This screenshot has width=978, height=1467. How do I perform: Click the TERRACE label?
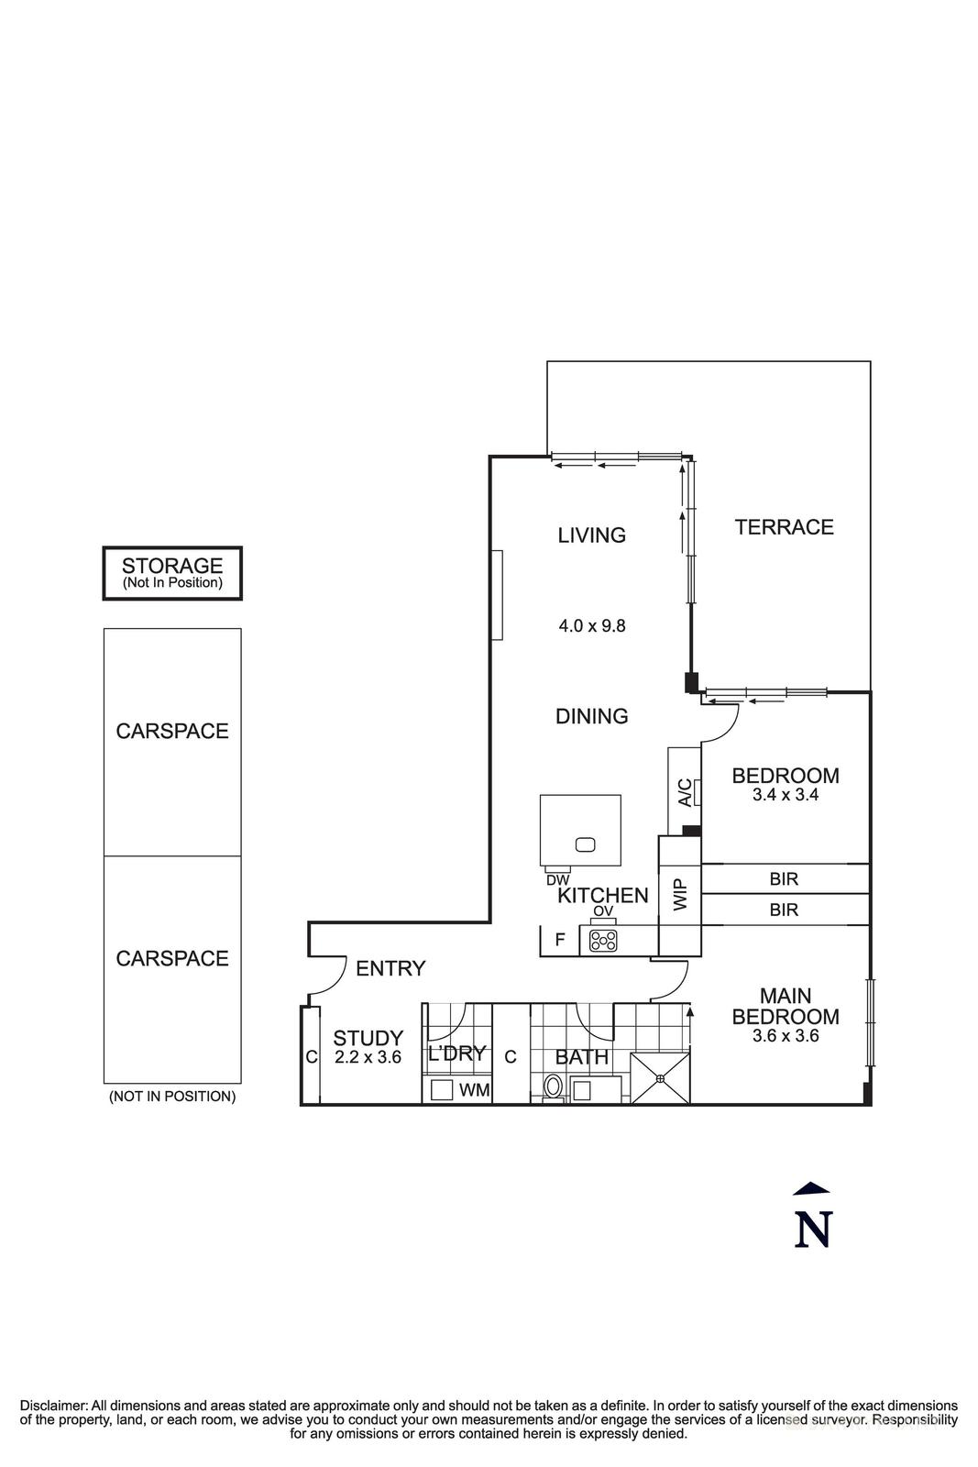pyautogui.click(x=784, y=527)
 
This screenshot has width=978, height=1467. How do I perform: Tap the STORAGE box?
pyautogui.click(x=172, y=574)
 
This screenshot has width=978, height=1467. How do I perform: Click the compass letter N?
pyautogui.click(x=812, y=1229)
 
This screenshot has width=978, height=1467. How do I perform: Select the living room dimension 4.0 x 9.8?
pyautogui.click(x=592, y=626)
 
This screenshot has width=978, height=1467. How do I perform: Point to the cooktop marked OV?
pyautogui.click(x=603, y=940)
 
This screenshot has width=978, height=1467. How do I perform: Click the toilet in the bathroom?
pyautogui.click(x=553, y=1087)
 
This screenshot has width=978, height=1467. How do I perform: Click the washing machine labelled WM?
pyautogui.click(x=443, y=1090)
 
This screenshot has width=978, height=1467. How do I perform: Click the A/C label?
pyautogui.click(x=684, y=792)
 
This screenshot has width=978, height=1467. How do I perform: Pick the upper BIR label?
pyautogui.click(x=784, y=879)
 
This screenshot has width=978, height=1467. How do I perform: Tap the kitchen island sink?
pyautogui.click(x=585, y=844)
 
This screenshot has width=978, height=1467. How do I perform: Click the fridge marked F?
pyautogui.click(x=559, y=940)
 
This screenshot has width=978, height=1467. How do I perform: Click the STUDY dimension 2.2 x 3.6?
pyautogui.click(x=368, y=1056)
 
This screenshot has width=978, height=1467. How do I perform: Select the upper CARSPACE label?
pyautogui.click(x=172, y=732)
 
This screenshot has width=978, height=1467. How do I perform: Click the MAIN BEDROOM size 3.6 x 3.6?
pyautogui.click(x=786, y=1036)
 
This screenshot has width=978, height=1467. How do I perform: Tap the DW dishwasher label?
pyautogui.click(x=557, y=880)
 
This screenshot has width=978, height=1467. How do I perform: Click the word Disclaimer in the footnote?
pyautogui.click(x=53, y=1406)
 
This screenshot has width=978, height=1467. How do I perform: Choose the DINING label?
pyautogui.click(x=592, y=716)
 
